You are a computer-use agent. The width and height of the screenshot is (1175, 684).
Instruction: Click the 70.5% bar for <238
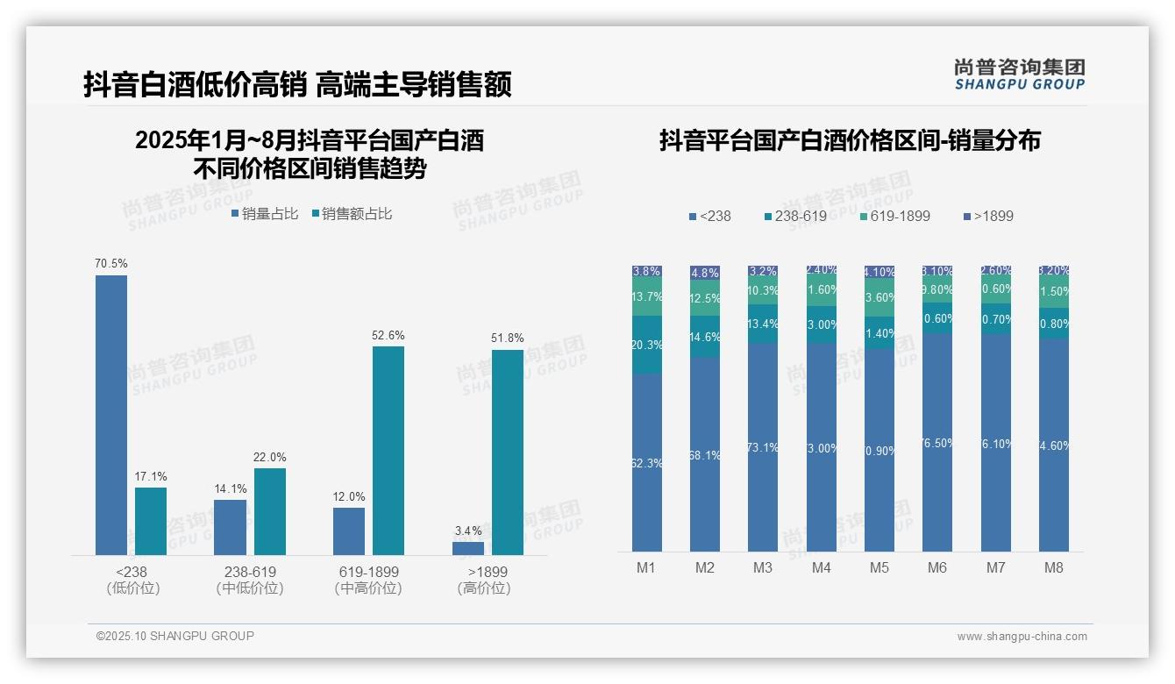(111, 415)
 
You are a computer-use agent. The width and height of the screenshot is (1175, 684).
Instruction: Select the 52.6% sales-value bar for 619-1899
(388, 451)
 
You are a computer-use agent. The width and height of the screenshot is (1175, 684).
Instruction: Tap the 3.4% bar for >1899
(468, 548)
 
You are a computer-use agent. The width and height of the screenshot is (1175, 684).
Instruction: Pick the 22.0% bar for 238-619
(270, 511)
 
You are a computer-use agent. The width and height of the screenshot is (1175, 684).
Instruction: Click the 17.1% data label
(151, 477)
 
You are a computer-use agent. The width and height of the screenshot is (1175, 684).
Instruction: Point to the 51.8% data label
(508, 338)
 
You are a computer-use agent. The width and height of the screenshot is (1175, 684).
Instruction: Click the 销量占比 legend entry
(265, 214)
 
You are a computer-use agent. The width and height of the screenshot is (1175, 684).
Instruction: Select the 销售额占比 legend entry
(352, 214)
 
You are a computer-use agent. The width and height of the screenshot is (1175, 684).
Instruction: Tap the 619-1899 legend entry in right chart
(894, 216)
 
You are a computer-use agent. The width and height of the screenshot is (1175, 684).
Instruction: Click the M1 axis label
(646, 568)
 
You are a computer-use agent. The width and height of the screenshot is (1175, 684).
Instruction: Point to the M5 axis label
(879, 568)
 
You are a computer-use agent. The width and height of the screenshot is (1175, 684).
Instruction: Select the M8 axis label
(1054, 568)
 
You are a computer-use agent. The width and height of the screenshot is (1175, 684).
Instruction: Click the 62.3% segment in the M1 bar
(647, 462)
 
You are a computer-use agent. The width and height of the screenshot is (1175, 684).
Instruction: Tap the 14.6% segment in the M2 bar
(705, 337)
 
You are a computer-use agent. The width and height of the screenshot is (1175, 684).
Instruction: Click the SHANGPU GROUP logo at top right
(1020, 75)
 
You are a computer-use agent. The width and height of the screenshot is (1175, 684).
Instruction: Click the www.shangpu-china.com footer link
(1022, 637)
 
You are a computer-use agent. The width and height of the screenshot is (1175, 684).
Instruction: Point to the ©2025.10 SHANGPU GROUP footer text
(175, 636)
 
